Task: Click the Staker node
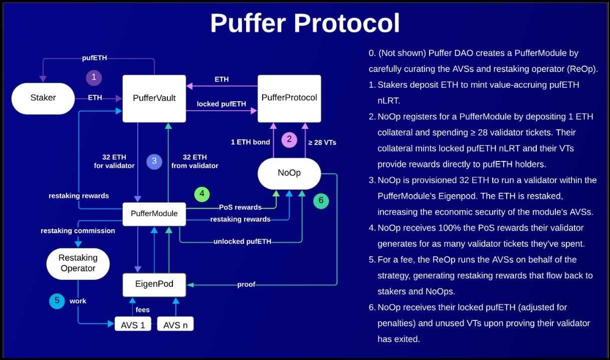(x=43, y=98)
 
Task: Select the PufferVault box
(x=154, y=98)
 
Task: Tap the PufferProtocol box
(x=289, y=98)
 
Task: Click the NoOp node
(x=289, y=173)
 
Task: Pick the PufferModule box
(x=154, y=214)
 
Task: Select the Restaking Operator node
(x=78, y=263)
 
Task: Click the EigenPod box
(x=154, y=284)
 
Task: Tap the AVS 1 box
(x=133, y=325)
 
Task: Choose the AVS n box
(x=175, y=325)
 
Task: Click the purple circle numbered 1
(x=94, y=78)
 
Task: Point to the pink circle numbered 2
(x=289, y=139)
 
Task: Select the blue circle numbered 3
(x=154, y=161)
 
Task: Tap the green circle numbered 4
(x=202, y=194)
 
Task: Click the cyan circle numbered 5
(x=57, y=301)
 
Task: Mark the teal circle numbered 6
(x=321, y=201)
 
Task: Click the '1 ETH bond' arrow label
(x=250, y=142)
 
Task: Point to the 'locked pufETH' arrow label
(x=221, y=104)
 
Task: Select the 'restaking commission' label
(x=78, y=231)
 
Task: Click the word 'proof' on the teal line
(x=246, y=284)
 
